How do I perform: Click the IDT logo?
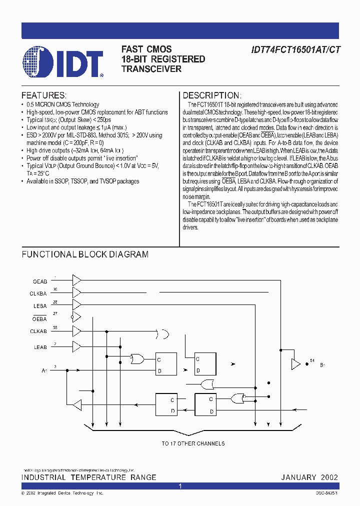(62, 62)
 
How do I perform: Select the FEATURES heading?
(43, 95)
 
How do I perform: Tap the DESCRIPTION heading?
(212, 95)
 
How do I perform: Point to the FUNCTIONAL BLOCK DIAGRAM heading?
(85, 254)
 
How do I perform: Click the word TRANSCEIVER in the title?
(151, 69)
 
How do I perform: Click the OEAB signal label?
(39, 281)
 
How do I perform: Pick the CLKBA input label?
(38, 294)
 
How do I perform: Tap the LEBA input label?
(40, 306)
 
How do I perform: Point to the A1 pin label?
(44, 370)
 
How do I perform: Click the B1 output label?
(322, 365)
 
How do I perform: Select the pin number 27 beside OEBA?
(55, 313)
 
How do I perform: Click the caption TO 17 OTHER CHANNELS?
(193, 443)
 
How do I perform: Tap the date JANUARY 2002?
(309, 477)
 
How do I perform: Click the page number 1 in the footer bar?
(180, 486)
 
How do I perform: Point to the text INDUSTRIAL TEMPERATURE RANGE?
(88, 477)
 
